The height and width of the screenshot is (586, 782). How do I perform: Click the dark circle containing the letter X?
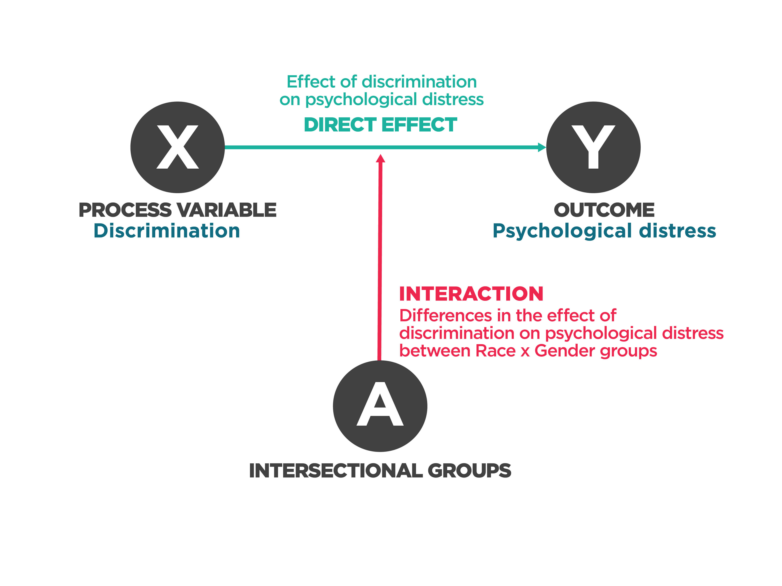(177, 147)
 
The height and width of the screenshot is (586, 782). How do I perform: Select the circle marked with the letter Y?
(593, 147)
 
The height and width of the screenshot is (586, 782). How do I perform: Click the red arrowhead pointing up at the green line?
(380, 159)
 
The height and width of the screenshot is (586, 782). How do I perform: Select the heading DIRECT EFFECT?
(380, 125)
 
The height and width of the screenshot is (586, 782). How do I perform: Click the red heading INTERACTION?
(471, 294)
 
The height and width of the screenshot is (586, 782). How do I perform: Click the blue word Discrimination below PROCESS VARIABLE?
(167, 231)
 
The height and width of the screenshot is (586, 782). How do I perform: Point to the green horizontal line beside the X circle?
(269, 147)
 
